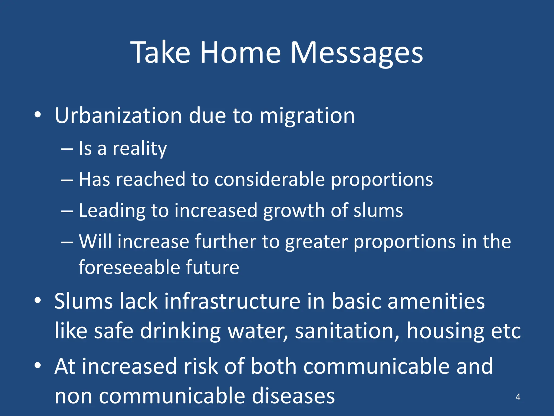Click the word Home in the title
pos(240,53)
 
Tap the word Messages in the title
pos(357,53)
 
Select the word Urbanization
pos(118,116)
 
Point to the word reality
pos(140,149)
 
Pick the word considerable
pos(269,180)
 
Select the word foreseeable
pos(129,267)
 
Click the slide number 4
pos(518,397)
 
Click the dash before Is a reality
pos(67,149)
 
